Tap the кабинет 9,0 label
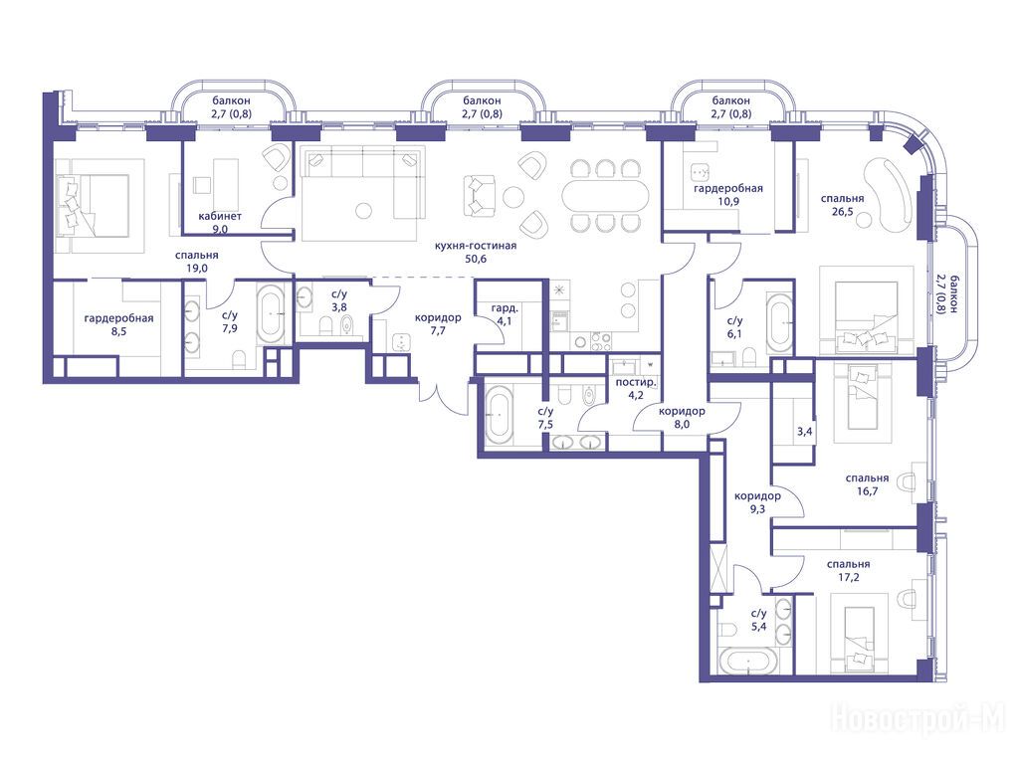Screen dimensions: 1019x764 (x=220, y=222)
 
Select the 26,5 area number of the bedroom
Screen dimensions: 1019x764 (x=842, y=211)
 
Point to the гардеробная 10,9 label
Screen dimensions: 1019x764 (x=727, y=195)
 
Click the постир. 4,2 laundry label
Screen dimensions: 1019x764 (x=636, y=388)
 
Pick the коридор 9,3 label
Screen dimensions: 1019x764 (x=757, y=502)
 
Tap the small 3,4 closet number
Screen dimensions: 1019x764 (x=804, y=431)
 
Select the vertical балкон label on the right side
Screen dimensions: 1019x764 (x=945, y=293)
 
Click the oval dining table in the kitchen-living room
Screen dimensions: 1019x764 (x=605, y=195)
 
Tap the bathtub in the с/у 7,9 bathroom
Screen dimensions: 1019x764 (x=271, y=313)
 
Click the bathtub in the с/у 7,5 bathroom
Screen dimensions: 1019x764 (x=500, y=413)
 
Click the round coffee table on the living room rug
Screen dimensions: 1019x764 (x=364, y=211)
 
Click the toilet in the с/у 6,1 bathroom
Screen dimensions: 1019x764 (x=749, y=356)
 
